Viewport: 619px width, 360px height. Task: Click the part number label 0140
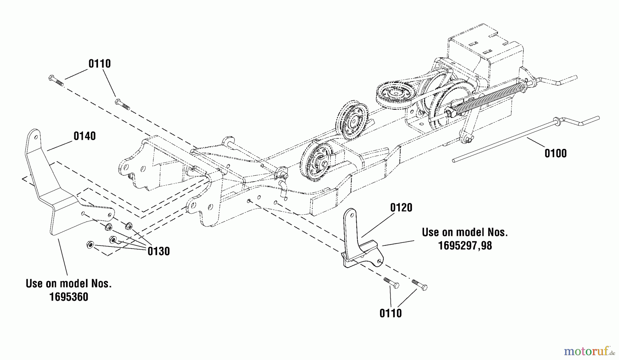pos(85,136)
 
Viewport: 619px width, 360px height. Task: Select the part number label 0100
pos(555,153)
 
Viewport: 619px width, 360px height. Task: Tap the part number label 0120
pos(401,208)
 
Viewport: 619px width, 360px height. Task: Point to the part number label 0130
pos(159,251)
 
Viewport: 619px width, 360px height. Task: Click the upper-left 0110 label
pos(99,64)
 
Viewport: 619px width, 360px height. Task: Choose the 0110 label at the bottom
pos(390,313)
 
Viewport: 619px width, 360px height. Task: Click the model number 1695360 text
pos(69,297)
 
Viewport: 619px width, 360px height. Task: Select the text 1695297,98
pos(465,246)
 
